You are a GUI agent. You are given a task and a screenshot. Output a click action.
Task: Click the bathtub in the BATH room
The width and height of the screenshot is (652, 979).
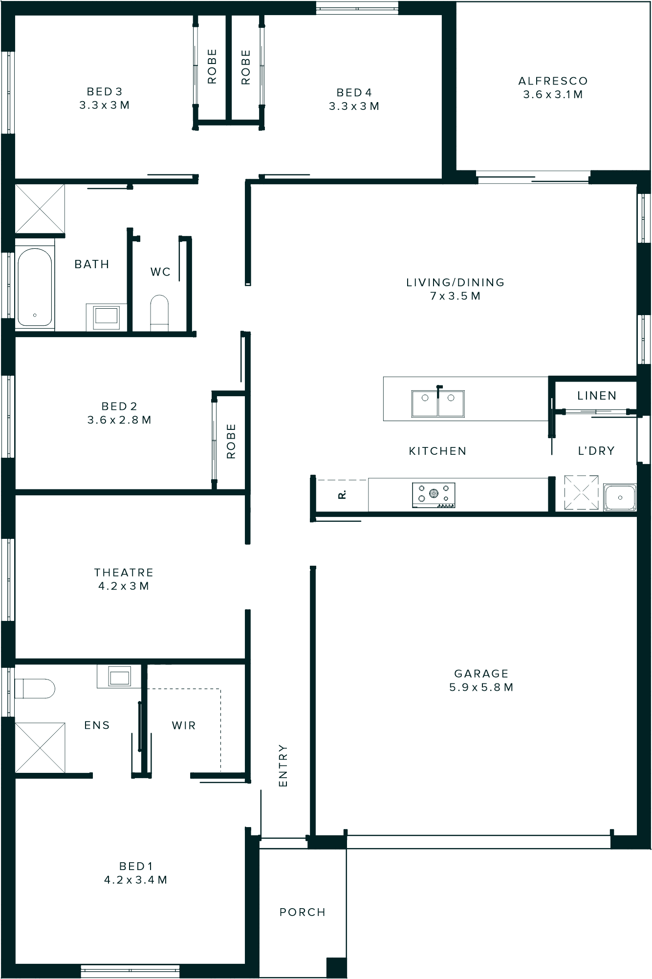(35, 287)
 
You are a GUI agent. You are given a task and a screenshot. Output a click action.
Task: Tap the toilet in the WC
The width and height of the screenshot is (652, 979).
(159, 313)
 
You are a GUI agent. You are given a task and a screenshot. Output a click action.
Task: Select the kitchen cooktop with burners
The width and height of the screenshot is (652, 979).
(434, 495)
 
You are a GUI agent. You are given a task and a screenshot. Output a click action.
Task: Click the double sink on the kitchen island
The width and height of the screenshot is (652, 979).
(438, 403)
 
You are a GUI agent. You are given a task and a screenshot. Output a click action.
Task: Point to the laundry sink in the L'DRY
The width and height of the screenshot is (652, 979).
(620, 497)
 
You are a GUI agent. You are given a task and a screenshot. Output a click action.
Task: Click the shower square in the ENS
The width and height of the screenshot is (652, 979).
(40, 747)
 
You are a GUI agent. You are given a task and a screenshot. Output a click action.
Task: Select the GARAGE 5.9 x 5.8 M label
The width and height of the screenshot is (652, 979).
(481, 680)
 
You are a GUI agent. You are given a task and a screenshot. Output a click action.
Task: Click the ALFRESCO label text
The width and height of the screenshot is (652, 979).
(553, 81)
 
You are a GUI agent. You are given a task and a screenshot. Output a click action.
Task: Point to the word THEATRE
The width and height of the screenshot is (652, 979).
(124, 572)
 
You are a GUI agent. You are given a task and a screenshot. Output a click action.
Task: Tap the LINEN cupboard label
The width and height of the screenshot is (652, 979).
(597, 395)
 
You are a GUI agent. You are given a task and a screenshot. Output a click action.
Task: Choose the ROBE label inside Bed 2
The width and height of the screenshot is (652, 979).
(231, 441)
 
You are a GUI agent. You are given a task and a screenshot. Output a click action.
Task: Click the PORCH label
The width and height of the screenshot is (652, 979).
(303, 912)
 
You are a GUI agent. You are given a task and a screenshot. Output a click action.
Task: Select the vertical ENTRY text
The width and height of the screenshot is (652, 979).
(283, 766)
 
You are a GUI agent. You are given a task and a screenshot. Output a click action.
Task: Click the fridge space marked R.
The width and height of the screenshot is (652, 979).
(342, 494)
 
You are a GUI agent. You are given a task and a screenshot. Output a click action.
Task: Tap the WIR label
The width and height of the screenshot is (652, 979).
(184, 725)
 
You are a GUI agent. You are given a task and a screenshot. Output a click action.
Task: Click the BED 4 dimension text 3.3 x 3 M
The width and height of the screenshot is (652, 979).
(354, 106)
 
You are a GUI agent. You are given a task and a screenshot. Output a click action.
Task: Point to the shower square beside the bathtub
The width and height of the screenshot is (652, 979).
(40, 209)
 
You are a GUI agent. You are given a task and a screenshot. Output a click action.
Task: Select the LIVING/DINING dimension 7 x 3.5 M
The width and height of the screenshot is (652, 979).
(455, 296)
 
